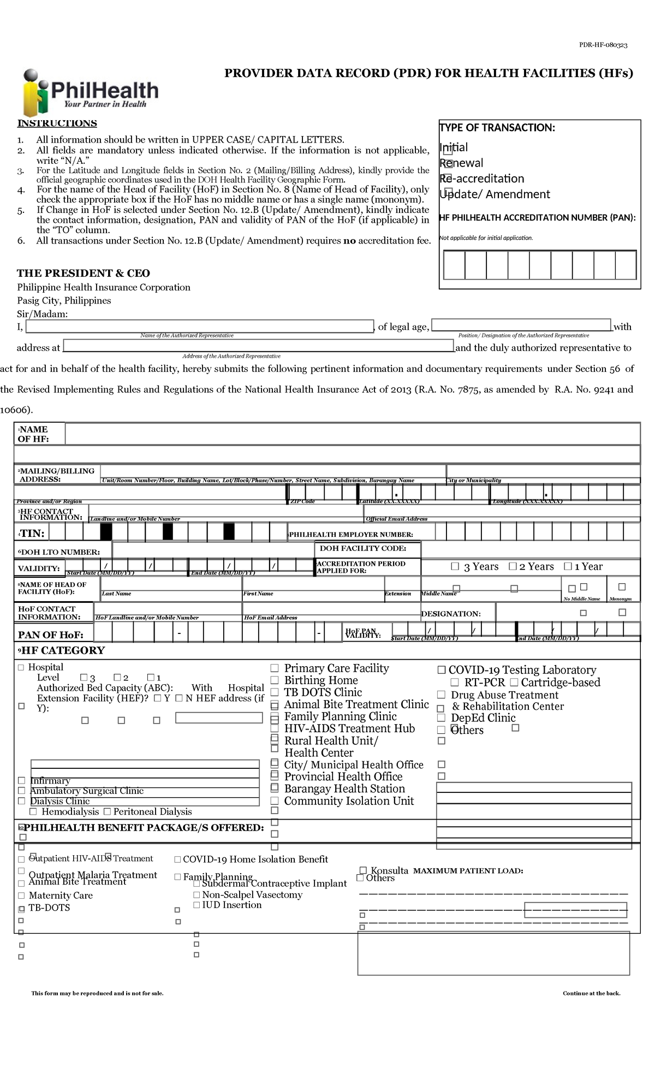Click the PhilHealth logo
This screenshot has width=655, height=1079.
click(x=90, y=92)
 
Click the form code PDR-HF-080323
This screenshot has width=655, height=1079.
click(x=603, y=45)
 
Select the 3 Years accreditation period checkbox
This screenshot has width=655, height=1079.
click(x=455, y=566)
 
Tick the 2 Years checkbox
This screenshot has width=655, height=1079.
click(x=513, y=566)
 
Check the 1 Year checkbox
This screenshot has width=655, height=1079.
click(x=568, y=566)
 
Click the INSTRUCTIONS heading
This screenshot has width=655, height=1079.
click(x=57, y=123)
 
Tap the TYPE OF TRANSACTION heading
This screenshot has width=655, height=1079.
click(x=497, y=128)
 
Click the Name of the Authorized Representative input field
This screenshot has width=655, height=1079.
click(x=200, y=327)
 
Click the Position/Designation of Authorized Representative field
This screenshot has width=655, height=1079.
click(x=521, y=325)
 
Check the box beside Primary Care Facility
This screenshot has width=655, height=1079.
click(x=275, y=668)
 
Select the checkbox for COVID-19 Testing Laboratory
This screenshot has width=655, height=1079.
click(x=442, y=670)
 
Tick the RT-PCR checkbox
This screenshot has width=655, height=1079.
click(x=455, y=683)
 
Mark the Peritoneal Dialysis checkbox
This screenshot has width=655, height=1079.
click(x=107, y=812)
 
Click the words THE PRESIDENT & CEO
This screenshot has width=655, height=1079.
click(x=83, y=273)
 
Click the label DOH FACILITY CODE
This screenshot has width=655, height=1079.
click(x=362, y=548)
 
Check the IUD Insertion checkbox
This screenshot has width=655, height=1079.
click(x=196, y=905)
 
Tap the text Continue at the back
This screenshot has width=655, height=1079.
click(x=591, y=993)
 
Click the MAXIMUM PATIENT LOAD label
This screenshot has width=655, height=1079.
click(x=468, y=870)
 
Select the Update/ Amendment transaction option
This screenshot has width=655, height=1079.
click(x=448, y=192)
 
